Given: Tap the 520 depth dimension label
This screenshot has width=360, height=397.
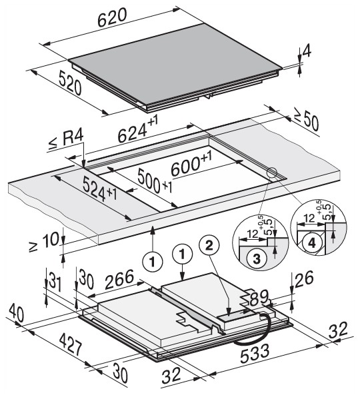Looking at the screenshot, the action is pyautogui.click(x=70, y=83).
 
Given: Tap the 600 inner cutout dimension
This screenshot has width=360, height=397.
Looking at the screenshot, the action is pyautogui.click(x=191, y=165).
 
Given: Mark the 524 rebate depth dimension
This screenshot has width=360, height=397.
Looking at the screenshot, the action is pyautogui.click(x=100, y=189).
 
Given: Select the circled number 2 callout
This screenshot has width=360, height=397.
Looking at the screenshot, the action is pyautogui.click(x=209, y=245).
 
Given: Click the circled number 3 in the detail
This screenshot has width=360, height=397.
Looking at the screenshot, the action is pyautogui.click(x=257, y=258).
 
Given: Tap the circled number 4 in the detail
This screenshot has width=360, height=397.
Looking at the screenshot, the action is pyautogui.click(x=311, y=243).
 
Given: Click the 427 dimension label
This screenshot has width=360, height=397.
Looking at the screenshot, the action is pyautogui.click(x=71, y=345).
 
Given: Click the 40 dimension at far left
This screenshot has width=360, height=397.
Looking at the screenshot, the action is pyautogui.click(x=17, y=313).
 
